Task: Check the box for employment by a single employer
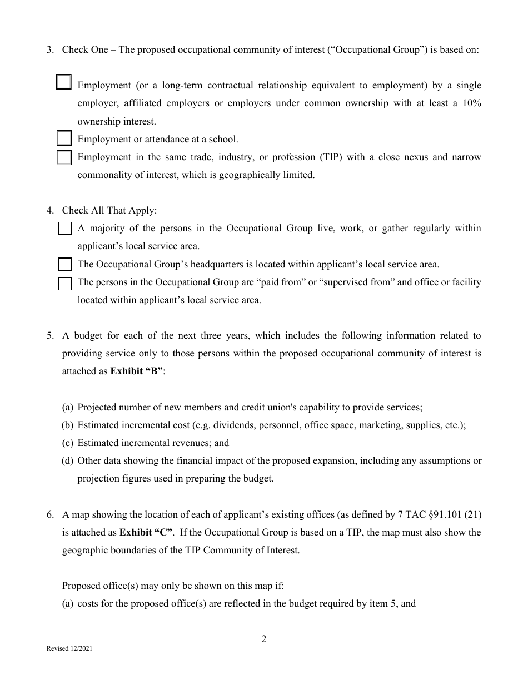click(x=64, y=82)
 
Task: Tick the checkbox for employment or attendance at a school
click(x=64, y=138)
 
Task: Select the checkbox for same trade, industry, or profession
click(x=64, y=157)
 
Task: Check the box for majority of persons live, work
click(x=65, y=229)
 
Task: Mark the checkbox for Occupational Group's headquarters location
click(x=65, y=264)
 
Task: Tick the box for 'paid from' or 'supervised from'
click(x=65, y=283)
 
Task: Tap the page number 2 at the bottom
click(x=264, y=639)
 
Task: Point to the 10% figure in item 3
click(x=470, y=103)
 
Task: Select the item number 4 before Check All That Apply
click(x=50, y=210)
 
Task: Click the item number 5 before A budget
click(x=50, y=335)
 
